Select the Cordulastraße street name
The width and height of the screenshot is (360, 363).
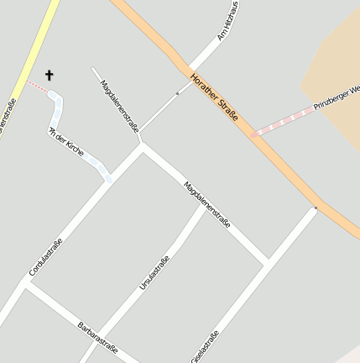pos(45,257)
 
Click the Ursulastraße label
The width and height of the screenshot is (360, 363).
pos(154,273)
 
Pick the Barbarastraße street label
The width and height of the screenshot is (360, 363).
pos(97,336)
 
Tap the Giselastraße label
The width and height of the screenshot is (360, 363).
pos(205,346)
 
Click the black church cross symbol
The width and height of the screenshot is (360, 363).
pos(49,76)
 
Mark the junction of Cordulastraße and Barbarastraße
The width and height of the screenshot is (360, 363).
pos(26,284)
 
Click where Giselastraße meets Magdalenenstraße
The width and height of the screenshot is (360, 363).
pos(266,262)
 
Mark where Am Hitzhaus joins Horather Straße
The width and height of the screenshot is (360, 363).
pos(190,72)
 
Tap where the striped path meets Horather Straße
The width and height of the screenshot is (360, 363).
pos(253,134)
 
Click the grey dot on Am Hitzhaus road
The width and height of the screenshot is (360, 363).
pos(177,93)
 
